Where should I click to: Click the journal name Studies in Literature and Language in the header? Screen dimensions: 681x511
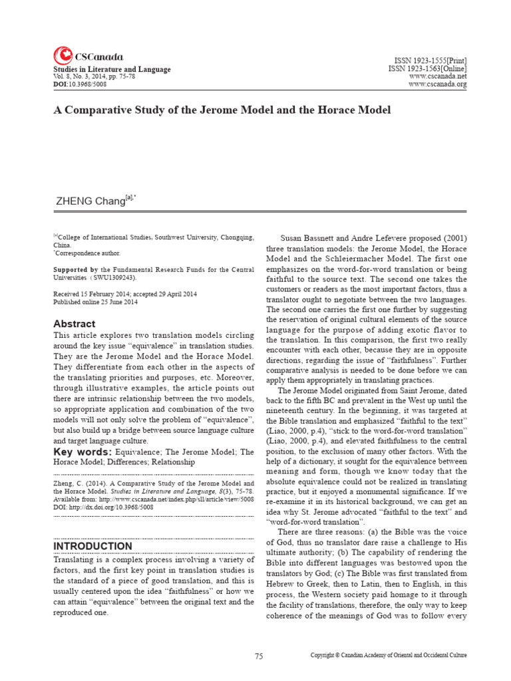coord(112,69)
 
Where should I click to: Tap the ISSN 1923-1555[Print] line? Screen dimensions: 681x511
coord(427,61)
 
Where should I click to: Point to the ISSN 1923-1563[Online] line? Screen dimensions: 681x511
coord(427,68)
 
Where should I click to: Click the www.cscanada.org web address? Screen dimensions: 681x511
coord(437,84)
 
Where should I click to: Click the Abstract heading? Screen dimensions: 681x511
coord(74,324)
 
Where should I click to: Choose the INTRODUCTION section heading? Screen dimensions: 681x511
coord(92,546)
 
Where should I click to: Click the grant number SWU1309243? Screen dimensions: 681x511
coord(116,278)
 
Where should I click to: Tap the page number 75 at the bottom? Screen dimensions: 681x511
coord(259,656)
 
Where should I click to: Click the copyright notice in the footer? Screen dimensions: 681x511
coord(389,656)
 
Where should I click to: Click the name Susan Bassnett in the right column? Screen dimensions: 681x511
coord(310,238)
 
